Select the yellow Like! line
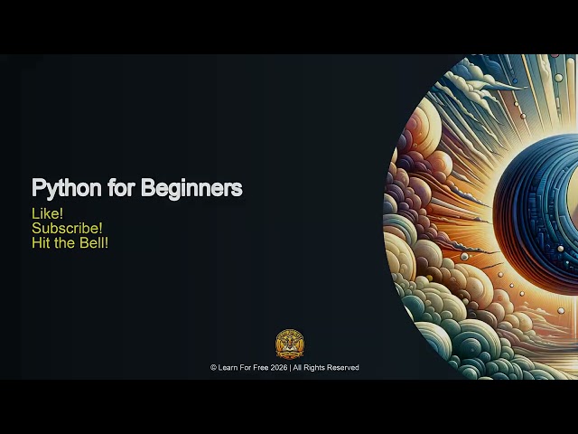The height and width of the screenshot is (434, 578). pos(47,213)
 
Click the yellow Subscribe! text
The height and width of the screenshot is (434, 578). pos(67,228)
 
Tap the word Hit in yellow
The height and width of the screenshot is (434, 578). pos(41,242)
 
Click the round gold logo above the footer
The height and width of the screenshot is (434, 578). pos(289,344)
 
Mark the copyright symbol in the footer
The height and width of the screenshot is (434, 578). pos(213,368)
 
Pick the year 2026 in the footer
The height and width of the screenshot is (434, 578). pos(279,368)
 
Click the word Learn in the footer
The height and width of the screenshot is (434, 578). pos(228,368)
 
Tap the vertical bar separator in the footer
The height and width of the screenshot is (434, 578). pos(290,368)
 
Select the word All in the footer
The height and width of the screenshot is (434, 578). pos(298,368)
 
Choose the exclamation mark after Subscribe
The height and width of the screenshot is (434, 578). pos(100,228)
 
